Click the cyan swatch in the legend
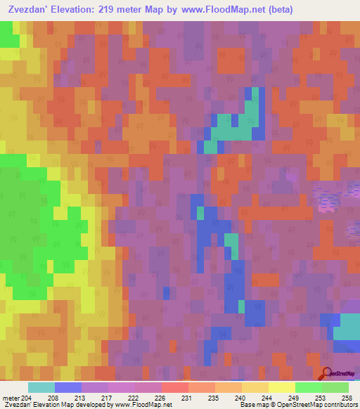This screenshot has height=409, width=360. tap(41, 387)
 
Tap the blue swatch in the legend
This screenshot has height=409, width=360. tap(68, 387)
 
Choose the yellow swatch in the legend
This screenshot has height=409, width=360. tap(282, 387)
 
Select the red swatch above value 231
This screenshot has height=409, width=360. tap(175, 387)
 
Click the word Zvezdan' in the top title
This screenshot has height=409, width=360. tap(30, 10)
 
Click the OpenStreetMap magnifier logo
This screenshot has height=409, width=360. tap(327, 372)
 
